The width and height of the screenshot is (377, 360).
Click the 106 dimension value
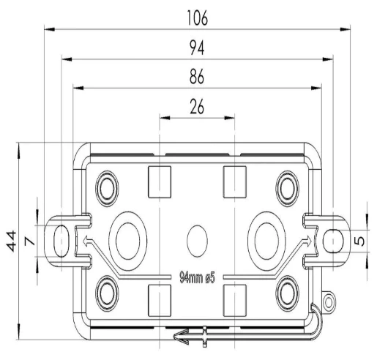click(198, 18)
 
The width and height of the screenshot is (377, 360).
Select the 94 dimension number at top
click(197, 48)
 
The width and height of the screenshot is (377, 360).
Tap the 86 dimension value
click(197, 76)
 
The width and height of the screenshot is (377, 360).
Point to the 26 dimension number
click(197, 107)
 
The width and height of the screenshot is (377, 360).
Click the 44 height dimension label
click(12, 241)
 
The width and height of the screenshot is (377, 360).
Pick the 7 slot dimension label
click(30, 241)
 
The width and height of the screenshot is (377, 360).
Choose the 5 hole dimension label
click(359, 241)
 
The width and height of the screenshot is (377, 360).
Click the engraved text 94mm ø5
click(197, 277)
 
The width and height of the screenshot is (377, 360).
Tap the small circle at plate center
click(197, 241)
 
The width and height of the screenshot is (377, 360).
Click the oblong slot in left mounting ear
click(61, 241)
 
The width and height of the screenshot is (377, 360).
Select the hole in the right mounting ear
click(333, 241)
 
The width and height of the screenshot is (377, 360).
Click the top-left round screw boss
click(107, 189)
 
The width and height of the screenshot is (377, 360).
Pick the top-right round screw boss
click(288, 189)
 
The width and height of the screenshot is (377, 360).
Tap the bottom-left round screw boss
click(107, 293)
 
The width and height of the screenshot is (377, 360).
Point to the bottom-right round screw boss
click(288, 293)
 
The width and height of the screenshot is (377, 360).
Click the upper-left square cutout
click(160, 182)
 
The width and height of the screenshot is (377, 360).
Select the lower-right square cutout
click(235, 301)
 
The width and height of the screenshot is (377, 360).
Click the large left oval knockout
click(128, 241)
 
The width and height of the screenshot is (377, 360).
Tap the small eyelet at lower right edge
click(329, 303)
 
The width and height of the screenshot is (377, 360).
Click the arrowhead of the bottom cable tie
click(181, 337)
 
